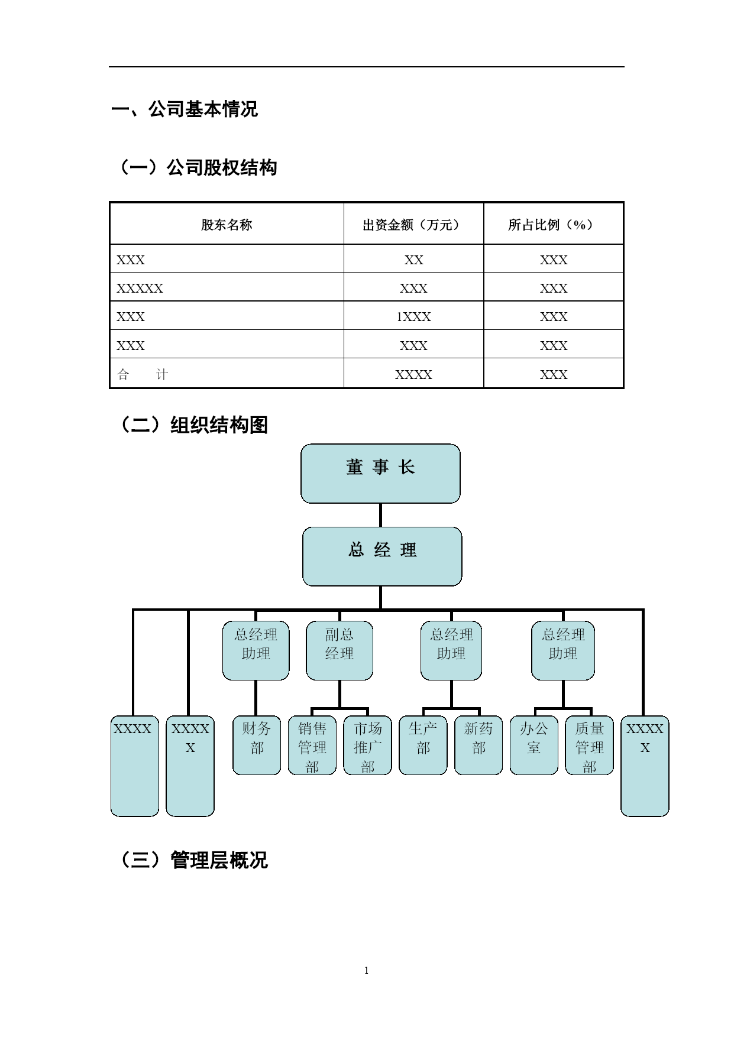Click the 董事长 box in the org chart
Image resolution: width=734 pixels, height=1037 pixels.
pyautogui.click(x=380, y=474)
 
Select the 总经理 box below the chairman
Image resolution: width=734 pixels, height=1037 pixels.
pyautogui.click(x=382, y=556)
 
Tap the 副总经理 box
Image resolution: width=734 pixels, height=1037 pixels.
pyautogui.click(x=339, y=650)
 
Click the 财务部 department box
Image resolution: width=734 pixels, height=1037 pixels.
pyautogui.click(x=257, y=746)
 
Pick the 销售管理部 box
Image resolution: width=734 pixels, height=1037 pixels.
pyautogui.click(x=312, y=746)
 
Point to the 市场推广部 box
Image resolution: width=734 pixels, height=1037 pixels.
pyautogui.click(x=368, y=746)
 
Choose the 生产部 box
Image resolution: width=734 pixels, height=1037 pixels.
pyautogui.click(x=423, y=746)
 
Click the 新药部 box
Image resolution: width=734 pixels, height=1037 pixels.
pyautogui.click(x=478, y=746)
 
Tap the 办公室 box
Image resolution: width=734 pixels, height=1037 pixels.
pyautogui.click(x=534, y=746)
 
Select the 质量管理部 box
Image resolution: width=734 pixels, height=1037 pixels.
pyautogui.click(x=590, y=746)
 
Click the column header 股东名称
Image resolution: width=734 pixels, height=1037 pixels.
pyautogui.click(x=227, y=225)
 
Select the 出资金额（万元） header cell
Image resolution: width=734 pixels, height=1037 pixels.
pyautogui.click(x=413, y=225)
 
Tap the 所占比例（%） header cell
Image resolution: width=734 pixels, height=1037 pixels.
pyautogui.click(x=554, y=225)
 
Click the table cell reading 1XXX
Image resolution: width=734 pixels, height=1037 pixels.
pyautogui.click(x=413, y=317)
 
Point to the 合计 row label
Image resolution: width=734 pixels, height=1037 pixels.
pyautogui.click(x=143, y=374)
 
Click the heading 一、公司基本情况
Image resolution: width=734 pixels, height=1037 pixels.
pyautogui.click(x=185, y=109)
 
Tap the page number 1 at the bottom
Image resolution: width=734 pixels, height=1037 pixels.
pyautogui.click(x=367, y=970)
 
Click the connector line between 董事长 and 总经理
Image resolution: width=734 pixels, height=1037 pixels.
pyautogui.click(x=380, y=516)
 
